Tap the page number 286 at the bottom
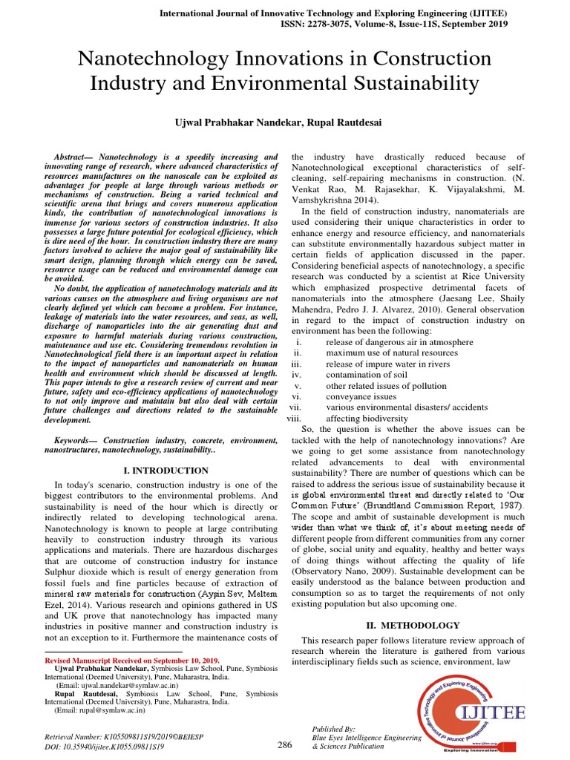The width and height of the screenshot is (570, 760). (x=285, y=744)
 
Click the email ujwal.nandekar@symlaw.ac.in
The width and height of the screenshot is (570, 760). (x=120, y=687)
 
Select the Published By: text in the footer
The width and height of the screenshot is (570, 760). (x=334, y=730)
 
